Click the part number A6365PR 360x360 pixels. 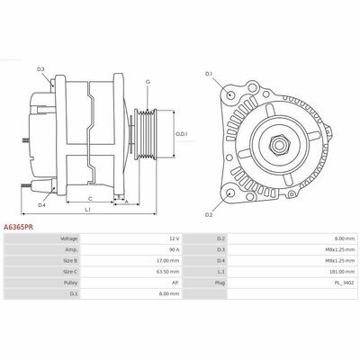point(18,228)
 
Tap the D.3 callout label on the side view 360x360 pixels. point(40,69)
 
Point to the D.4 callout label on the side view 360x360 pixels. point(41,205)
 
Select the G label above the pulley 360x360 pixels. point(148,82)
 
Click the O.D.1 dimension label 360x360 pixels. point(182,134)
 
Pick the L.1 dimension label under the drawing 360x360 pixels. point(87,210)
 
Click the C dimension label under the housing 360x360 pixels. point(90,199)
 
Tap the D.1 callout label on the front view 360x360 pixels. point(209,74)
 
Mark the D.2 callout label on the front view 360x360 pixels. point(209,215)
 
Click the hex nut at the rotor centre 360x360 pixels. point(279,145)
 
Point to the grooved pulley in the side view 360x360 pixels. point(145,134)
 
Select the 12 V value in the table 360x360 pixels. point(175,238)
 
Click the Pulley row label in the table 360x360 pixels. point(70,283)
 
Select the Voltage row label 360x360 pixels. point(69,238)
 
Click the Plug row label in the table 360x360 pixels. point(220,283)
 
